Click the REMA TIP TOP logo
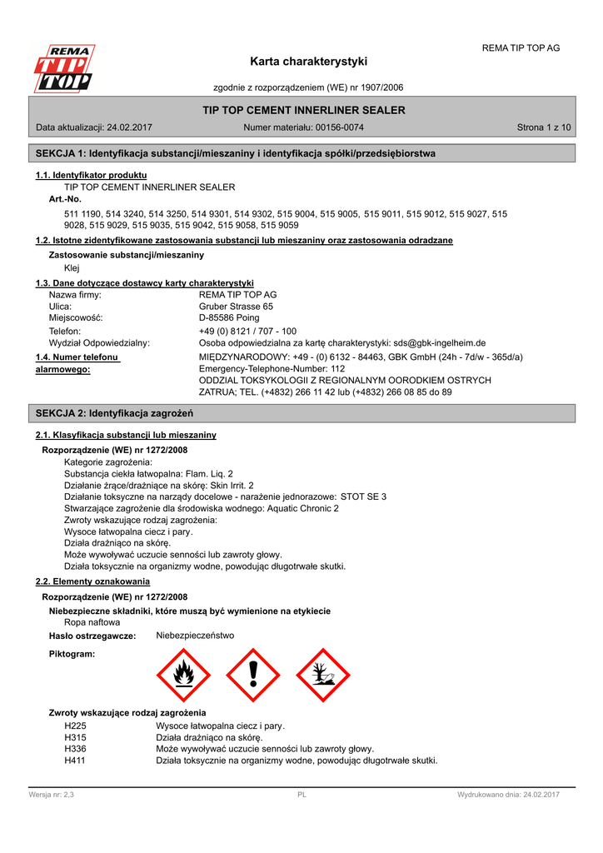(x=63, y=69)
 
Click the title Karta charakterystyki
(x=308, y=62)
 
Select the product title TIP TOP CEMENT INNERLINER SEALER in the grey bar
(x=304, y=110)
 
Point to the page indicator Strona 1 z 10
(x=544, y=127)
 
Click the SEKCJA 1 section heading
(x=236, y=153)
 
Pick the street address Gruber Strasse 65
(x=236, y=307)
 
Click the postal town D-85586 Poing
(x=229, y=318)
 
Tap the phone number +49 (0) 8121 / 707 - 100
(x=247, y=331)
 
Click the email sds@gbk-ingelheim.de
(x=440, y=343)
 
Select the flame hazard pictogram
(x=184, y=675)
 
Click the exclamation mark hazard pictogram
(x=253, y=675)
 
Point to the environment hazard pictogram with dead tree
(x=322, y=675)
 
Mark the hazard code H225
(x=75, y=726)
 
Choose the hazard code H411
(x=75, y=761)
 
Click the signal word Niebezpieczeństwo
(x=195, y=636)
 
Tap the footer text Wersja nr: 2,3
(x=52, y=795)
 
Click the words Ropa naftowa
(x=92, y=622)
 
